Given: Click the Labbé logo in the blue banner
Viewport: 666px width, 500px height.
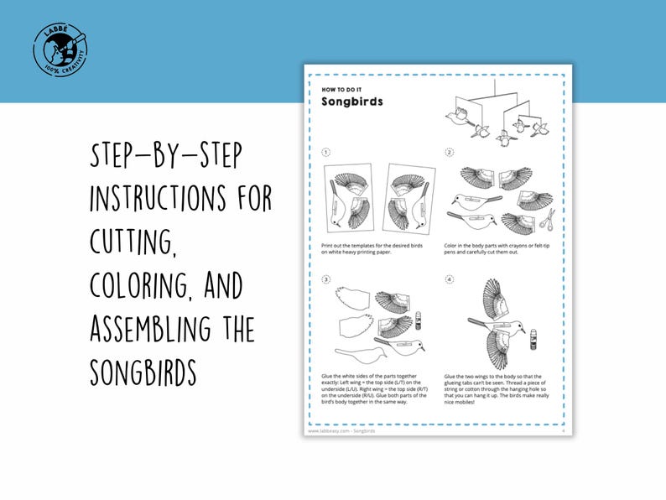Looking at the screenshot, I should [60, 50].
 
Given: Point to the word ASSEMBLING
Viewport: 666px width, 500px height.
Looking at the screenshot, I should [148, 327].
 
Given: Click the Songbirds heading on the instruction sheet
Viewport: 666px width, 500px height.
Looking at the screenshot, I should [351, 102].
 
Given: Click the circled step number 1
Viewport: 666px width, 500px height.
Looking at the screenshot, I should [326, 153].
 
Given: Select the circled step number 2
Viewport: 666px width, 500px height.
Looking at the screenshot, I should [450, 153].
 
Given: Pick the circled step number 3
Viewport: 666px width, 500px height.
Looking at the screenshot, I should [326, 279].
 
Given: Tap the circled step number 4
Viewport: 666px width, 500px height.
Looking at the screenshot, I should [450, 279].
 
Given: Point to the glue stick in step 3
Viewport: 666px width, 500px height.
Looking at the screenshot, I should [417, 320].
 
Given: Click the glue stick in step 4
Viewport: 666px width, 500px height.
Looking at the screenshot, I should [534, 339].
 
